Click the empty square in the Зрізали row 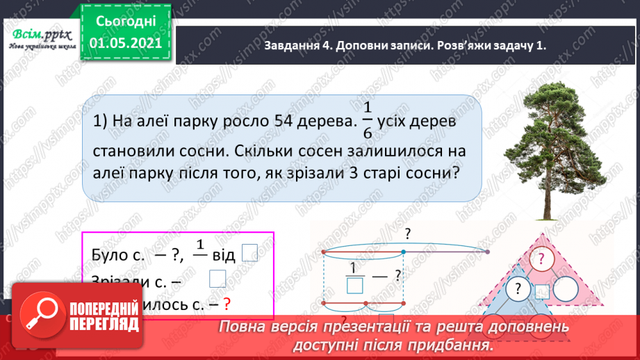coord(218,278)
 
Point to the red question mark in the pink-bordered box coord(225,303)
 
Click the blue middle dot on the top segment coord(404,251)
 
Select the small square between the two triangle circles coord(542,291)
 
